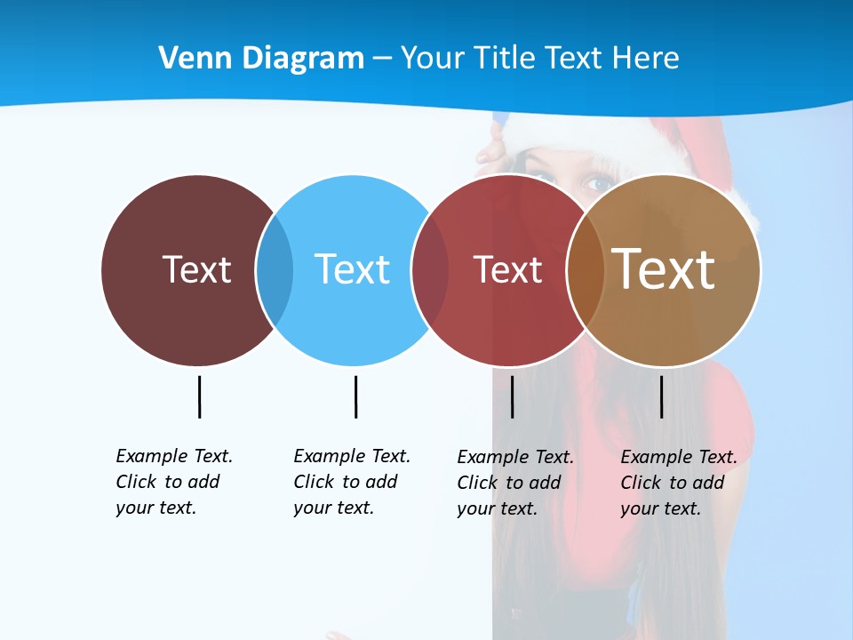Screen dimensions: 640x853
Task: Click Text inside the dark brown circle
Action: tap(196, 269)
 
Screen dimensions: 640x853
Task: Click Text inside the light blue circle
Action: tap(352, 269)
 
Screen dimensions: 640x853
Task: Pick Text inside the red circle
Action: tap(507, 269)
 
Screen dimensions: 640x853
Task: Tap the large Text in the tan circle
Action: tap(664, 269)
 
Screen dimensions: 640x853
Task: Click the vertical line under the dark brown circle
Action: tap(199, 396)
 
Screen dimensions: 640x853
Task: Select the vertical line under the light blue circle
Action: tap(355, 396)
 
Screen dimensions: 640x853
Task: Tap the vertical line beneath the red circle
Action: tap(512, 396)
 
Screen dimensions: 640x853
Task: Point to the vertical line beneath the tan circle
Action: tap(661, 396)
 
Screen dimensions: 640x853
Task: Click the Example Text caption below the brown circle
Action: tap(174, 482)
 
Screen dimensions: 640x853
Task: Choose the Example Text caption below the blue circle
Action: tap(352, 482)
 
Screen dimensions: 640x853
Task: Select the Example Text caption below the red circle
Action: tap(515, 483)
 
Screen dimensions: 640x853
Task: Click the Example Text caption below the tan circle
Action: tap(679, 483)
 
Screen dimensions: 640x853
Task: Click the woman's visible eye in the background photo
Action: tap(596, 185)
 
